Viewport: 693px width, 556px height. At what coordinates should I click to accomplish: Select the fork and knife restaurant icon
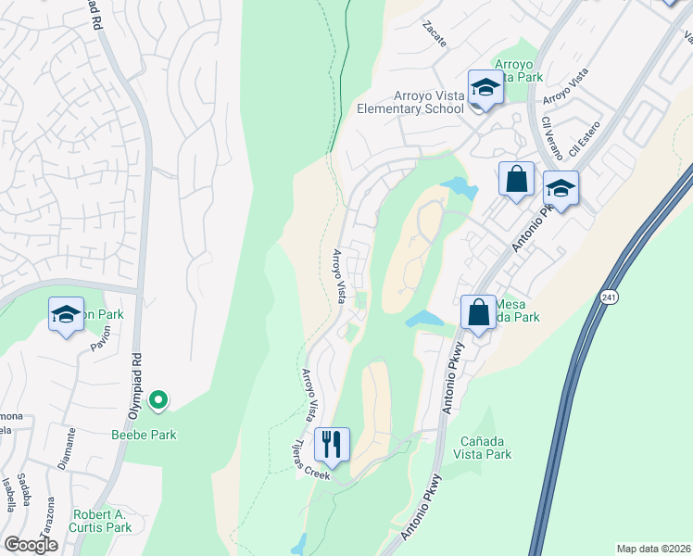[x=332, y=445]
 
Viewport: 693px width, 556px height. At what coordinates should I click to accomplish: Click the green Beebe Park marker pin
[x=158, y=400]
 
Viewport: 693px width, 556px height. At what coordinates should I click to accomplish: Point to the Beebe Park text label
[x=144, y=434]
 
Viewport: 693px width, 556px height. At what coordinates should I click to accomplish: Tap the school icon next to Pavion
[x=67, y=315]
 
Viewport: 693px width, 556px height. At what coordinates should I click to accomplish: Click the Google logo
[x=31, y=545]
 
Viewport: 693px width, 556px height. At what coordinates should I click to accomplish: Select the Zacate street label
[x=434, y=34]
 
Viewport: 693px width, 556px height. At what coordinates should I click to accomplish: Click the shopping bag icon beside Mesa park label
[x=478, y=311]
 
